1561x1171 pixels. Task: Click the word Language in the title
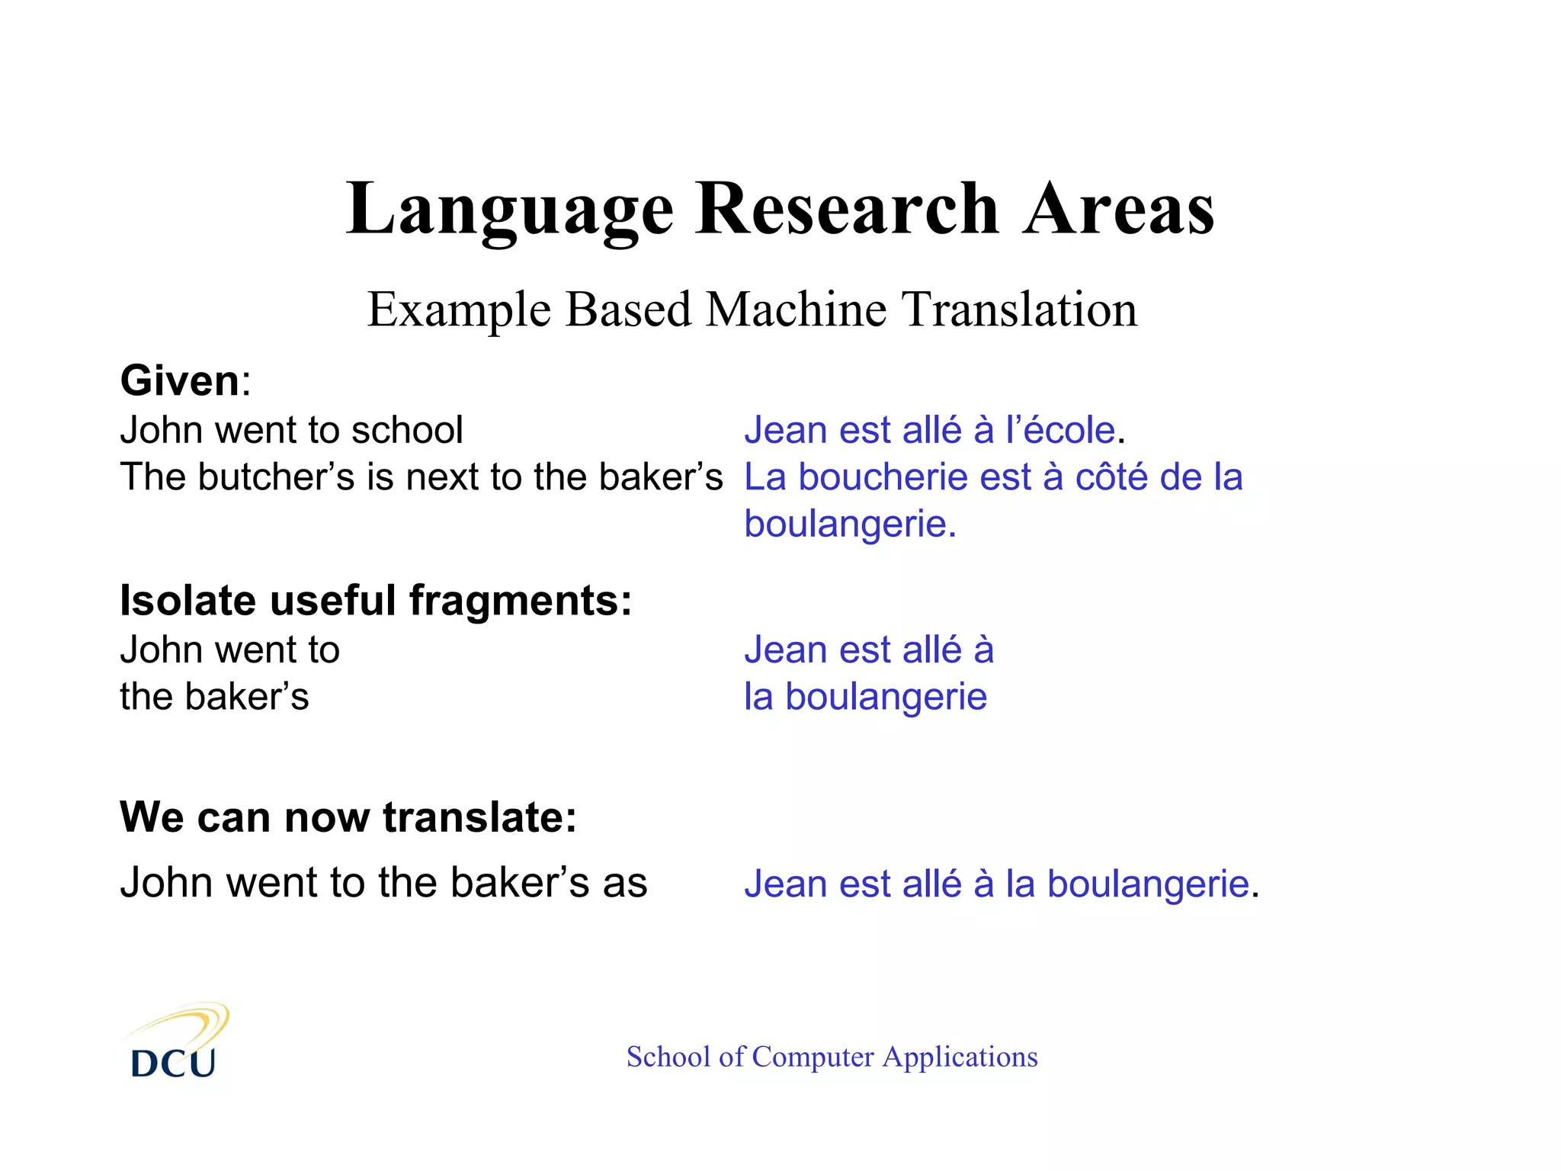coord(509,210)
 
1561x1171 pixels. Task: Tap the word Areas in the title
coord(1118,210)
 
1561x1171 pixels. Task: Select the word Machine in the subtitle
coord(797,310)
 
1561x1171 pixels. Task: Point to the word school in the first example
coord(407,430)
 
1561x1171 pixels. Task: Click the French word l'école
coord(1060,430)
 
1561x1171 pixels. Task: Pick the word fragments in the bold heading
coord(521,601)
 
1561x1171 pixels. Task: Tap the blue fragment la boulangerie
coord(865,697)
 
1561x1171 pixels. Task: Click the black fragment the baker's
coord(214,697)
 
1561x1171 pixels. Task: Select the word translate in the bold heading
coord(479,817)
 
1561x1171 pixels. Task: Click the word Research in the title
coord(847,210)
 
